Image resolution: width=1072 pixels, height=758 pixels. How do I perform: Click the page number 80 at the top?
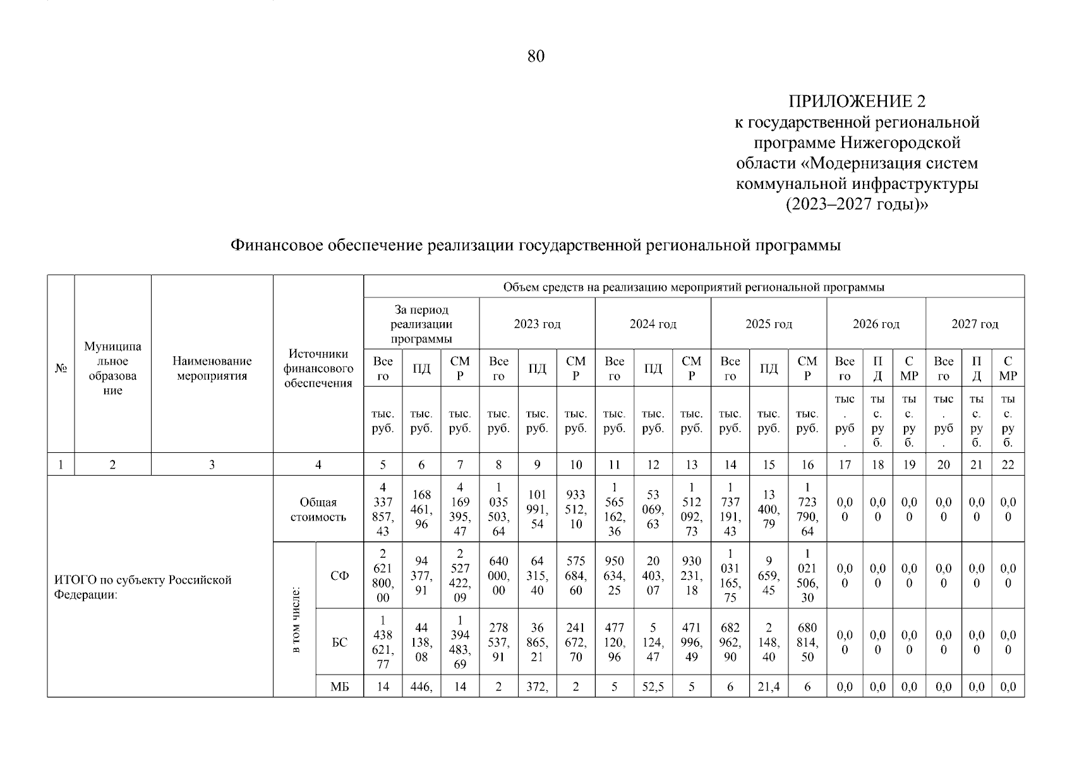click(x=536, y=57)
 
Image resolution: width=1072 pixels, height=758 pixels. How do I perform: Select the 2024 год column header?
click(x=653, y=324)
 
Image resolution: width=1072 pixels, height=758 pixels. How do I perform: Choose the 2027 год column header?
click(x=975, y=324)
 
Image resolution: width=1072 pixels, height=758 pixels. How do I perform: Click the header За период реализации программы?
click(x=421, y=324)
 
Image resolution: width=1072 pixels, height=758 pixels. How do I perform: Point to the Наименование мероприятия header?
click(x=212, y=368)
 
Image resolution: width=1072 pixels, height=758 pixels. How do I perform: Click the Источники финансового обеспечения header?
click(x=318, y=368)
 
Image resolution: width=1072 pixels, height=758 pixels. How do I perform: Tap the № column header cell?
click(x=61, y=368)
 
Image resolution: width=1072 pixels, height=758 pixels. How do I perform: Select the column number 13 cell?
click(x=691, y=465)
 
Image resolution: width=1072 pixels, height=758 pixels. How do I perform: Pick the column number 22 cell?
click(x=1008, y=465)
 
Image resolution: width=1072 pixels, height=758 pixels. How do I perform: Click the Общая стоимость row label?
click(x=318, y=510)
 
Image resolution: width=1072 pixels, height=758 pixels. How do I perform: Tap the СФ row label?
click(x=339, y=575)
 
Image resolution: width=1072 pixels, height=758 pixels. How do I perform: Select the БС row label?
click(x=339, y=642)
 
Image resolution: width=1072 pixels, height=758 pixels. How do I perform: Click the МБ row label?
click(x=339, y=687)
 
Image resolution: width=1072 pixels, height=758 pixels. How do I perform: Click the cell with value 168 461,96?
click(x=421, y=509)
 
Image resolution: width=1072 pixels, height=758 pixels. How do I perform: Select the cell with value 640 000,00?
click(x=498, y=575)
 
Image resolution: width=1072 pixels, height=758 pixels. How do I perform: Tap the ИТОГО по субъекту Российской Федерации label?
click(x=143, y=587)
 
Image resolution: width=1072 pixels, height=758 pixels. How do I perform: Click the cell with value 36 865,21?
click(x=537, y=642)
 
